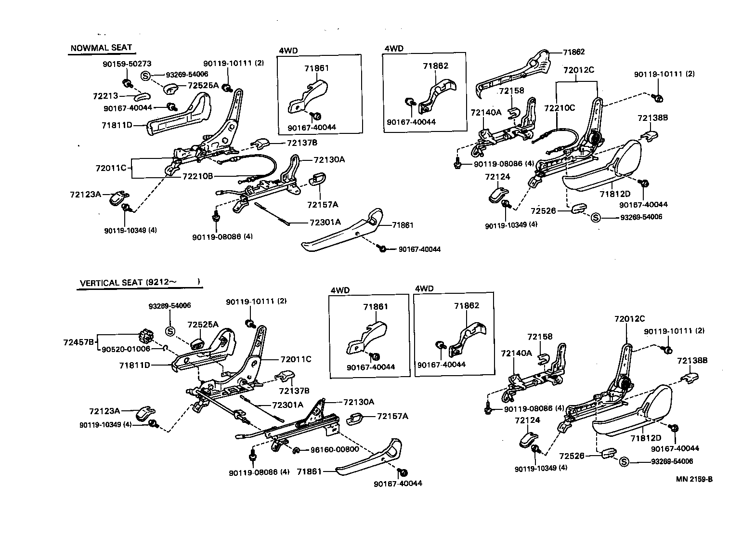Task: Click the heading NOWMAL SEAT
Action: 101,48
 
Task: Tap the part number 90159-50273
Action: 127,64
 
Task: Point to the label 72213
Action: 105,96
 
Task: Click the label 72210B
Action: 197,176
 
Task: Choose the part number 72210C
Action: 560,108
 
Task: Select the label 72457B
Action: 79,342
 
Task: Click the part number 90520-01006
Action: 126,349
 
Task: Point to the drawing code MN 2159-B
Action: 694,479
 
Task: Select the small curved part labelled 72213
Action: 143,97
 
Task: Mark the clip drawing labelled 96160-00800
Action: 296,449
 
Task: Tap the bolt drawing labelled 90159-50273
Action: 127,83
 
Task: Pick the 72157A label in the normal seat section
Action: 323,204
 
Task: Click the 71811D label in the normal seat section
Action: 117,125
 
